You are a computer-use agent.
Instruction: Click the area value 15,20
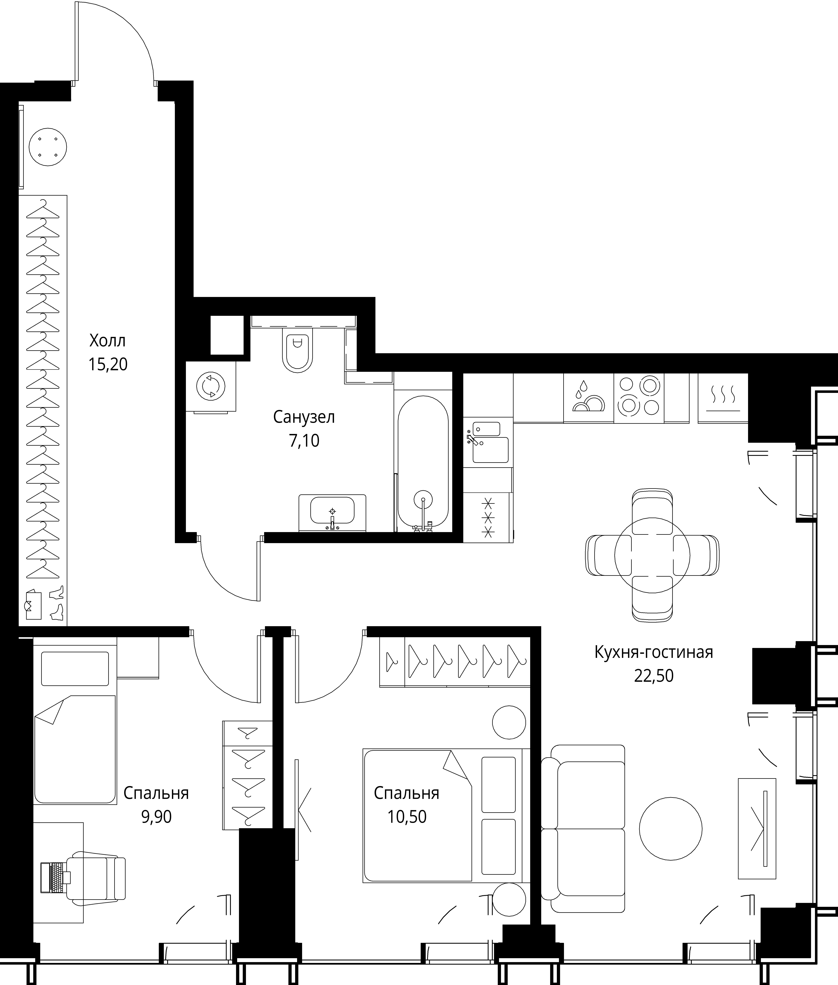108,365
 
